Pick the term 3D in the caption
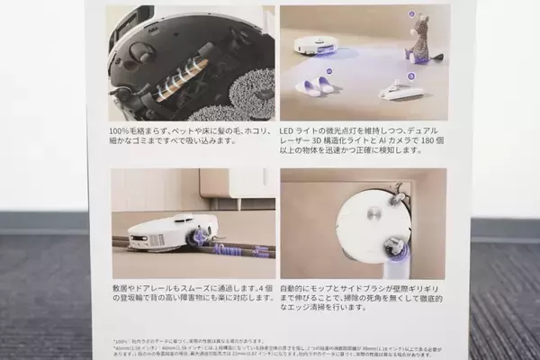[318, 142]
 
